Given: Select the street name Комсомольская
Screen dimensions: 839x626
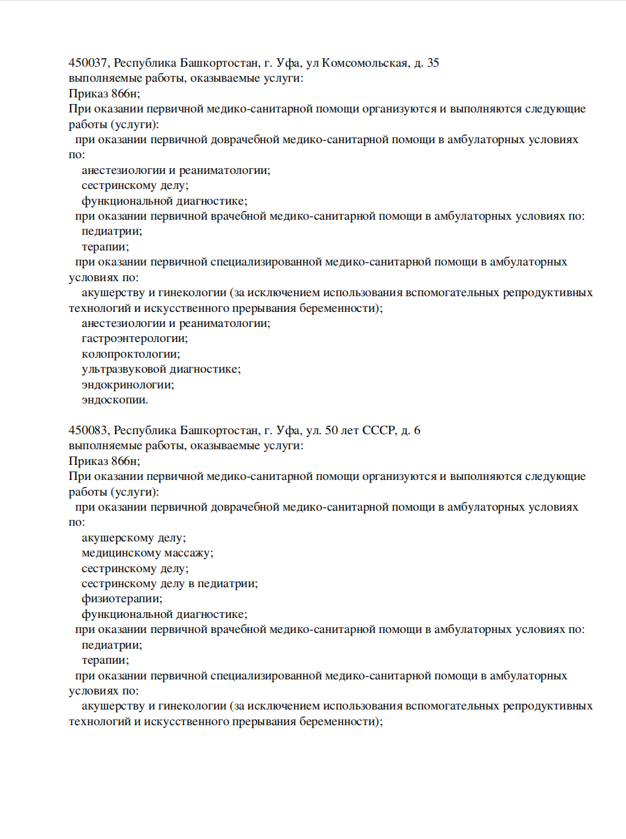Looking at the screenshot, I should point(365,63).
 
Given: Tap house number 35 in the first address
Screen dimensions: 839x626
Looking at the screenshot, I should point(433,63).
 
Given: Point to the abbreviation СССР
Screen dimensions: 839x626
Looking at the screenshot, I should point(379,430).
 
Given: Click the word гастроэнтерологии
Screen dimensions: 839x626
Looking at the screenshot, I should point(134,339).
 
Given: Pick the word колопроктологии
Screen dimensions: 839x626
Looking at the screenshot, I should point(130,354).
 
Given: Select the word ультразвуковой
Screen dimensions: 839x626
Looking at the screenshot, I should point(124,369).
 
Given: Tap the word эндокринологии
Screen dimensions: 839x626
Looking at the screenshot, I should point(128,385).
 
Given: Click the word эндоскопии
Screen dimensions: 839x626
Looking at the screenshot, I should point(114,400).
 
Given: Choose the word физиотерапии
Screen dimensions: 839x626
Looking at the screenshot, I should point(122,599).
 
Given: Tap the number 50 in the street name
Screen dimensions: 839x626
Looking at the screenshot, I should point(332,430).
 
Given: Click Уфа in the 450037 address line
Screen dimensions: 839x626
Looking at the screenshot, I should point(288,63).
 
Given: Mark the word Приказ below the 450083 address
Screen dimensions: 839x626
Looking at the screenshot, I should point(88,461).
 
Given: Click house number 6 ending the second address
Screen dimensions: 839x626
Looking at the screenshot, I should point(417,430).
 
